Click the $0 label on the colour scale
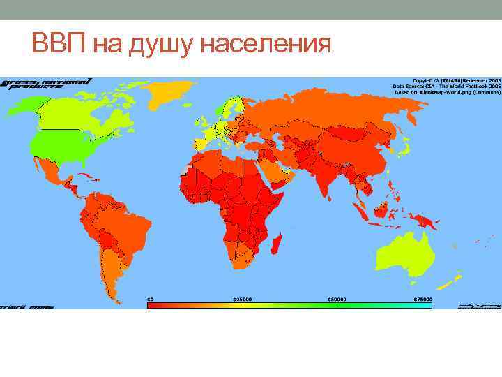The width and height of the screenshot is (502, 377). point(150,298)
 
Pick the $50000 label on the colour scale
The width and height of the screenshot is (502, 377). point(337,298)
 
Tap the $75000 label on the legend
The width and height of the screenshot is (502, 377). point(423,298)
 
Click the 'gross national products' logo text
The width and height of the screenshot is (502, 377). point(46,84)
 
